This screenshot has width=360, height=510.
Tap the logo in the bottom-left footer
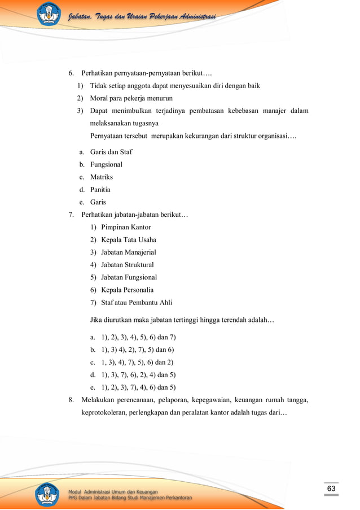[48, 494]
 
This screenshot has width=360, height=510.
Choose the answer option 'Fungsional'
[106, 164]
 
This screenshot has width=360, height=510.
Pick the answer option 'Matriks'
[102, 177]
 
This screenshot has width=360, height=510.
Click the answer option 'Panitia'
[100, 190]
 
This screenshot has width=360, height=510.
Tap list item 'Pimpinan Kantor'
[126, 227]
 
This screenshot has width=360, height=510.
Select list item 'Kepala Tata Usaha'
[129, 239]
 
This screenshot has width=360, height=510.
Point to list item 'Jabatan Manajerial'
[129, 252]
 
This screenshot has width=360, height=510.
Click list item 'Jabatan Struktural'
[128, 264]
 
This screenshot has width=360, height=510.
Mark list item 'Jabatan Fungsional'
[129, 277]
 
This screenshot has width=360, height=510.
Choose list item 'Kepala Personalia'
[127, 290]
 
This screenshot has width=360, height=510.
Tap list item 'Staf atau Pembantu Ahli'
[137, 302]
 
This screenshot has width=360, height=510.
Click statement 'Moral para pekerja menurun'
[131, 98]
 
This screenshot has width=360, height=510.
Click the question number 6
[71, 73]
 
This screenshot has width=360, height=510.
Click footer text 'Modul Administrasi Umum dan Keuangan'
[113, 491]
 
